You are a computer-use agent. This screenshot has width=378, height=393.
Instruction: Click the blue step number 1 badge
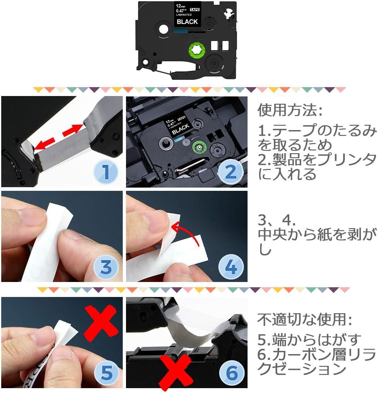coord(106,172)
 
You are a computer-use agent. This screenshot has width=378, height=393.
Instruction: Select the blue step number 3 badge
coord(106,267)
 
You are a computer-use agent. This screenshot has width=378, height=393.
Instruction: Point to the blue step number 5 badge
coord(106,374)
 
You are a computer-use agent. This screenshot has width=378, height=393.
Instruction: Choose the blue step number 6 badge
coord(231,374)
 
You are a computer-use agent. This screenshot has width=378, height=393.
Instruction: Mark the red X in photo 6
coord(175,370)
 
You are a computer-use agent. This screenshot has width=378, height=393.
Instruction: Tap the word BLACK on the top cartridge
coord(187,21)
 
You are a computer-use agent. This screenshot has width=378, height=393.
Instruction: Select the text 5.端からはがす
coord(309,340)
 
